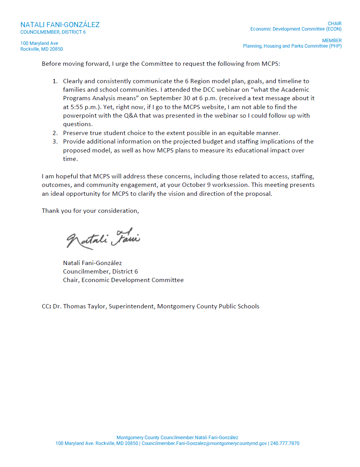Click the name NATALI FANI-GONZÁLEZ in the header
(60, 25)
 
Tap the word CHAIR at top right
(334, 24)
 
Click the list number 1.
(55, 81)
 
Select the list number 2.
(55, 133)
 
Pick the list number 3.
(55, 142)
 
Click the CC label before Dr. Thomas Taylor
(46, 306)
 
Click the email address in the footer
(204, 443)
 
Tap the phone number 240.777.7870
(285, 443)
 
